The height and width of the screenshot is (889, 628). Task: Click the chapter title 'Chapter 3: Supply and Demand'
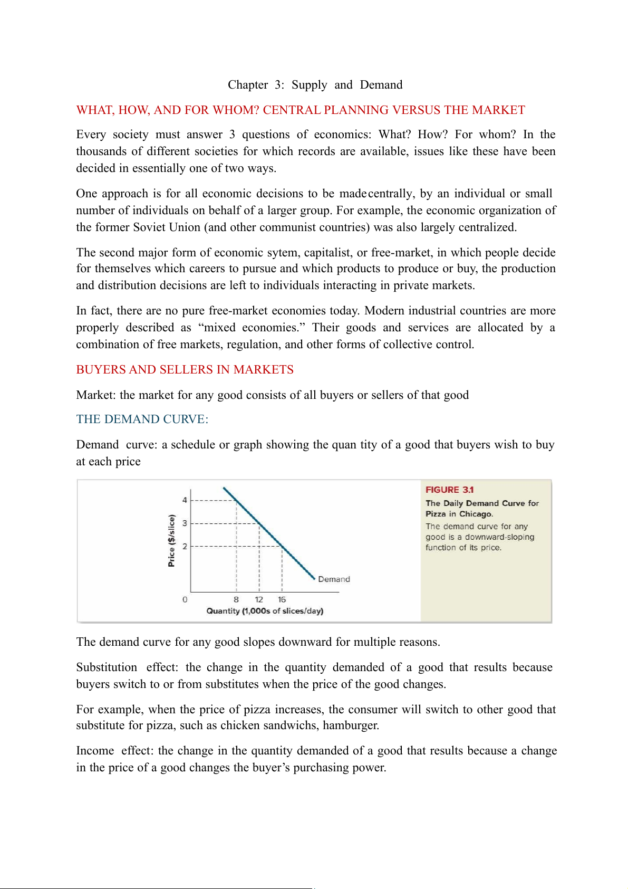[315, 85]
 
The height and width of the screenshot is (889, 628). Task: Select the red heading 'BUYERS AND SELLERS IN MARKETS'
[185, 370]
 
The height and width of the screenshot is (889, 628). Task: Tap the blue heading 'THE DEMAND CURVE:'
[142, 419]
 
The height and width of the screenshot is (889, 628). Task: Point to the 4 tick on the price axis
[185, 500]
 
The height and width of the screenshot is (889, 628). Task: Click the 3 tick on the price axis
[185, 523]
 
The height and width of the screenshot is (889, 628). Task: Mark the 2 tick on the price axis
[185, 547]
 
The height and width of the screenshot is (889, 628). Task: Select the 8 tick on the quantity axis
[236, 600]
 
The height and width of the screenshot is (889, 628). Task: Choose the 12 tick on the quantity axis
[259, 600]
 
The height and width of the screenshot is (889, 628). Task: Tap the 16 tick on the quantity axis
[282, 600]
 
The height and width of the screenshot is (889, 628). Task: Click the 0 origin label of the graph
[185, 600]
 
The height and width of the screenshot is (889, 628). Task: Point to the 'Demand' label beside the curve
[334, 579]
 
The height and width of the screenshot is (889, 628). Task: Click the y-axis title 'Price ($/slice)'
[171, 540]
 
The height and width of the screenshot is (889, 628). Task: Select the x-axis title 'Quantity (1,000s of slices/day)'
[265, 611]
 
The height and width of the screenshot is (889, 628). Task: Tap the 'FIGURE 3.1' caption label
[449, 490]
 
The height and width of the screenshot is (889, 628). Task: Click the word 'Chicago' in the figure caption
[476, 514]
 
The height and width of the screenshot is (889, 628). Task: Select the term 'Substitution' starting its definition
[107, 667]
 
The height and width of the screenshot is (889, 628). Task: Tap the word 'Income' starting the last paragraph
[95, 751]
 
